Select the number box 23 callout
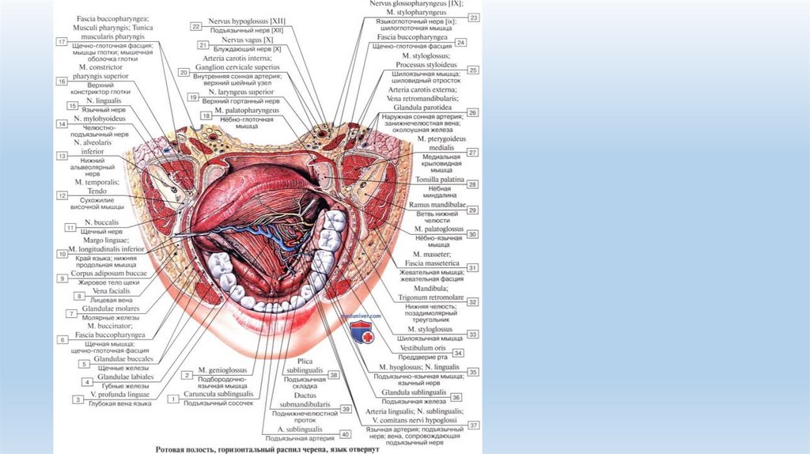click(x=473, y=17)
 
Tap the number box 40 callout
click(x=345, y=433)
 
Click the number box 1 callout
click(x=172, y=399)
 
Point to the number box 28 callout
click(x=473, y=184)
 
